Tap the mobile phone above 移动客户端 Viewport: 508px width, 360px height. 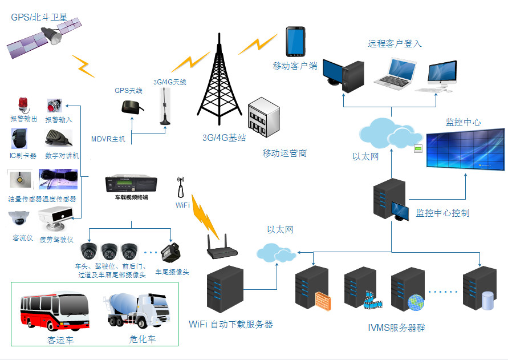pos(294,41)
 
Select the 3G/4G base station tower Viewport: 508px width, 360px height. pos(218,86)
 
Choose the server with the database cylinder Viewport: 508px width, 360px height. pos(479,290)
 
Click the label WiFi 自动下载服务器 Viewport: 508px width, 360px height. pos(230,325)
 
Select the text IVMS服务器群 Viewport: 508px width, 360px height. pos(396,327)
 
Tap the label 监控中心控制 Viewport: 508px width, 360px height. pos(442,213)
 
